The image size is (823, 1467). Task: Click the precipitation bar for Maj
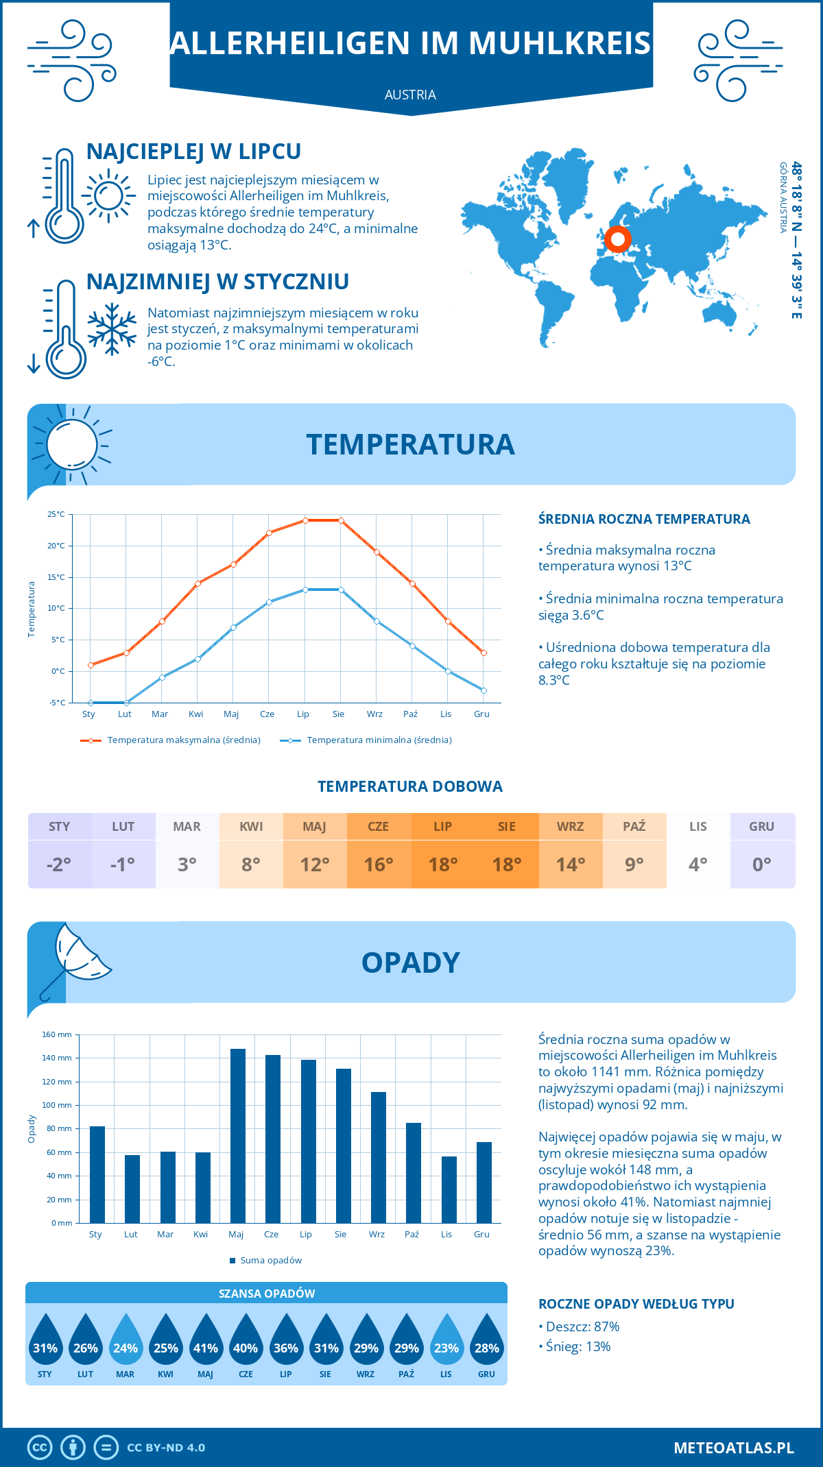click(x=238, y=1136)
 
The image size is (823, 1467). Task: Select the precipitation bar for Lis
click(x=449, y=1190)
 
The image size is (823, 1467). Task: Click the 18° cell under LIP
click(x=442, y=864)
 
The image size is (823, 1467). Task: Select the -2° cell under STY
click(x=59, y=864)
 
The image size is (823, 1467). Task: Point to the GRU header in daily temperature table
click(x=761, y=827)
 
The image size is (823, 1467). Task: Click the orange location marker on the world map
click(x=618, y=239)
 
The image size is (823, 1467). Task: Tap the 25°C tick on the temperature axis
click(x=56, y=514)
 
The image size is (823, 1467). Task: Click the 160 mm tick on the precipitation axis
click(x=58, y=1034)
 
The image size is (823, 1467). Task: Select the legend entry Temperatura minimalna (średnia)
click(x=379, y=740)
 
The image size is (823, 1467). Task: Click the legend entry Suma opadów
click(x=270, y=1261)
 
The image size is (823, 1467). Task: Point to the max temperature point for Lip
click(x=305, y=520)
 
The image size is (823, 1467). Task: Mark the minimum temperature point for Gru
click(x=484, y=690)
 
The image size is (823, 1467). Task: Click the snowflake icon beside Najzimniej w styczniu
click(x=112, y=329)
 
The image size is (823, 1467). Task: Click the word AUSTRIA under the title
click(x=410, y=95)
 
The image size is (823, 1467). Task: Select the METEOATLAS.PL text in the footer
click(x=733, y=1448)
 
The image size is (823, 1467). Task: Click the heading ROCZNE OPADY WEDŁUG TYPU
click(x=636, y=1304)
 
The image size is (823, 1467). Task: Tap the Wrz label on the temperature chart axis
click(x=374, y=714)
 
